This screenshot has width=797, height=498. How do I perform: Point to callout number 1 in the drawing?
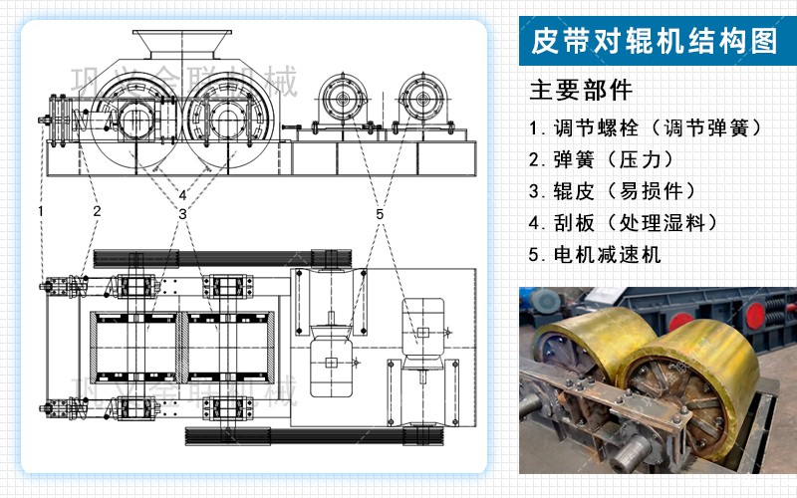click(41, 211)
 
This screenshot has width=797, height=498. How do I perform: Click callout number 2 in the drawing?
click(97, 211)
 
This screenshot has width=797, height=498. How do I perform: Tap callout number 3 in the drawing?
click(183, 214)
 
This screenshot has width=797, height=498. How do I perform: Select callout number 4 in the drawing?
click(182, 194)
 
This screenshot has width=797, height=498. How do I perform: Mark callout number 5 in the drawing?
click(380, 214)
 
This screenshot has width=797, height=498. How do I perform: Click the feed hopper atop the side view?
click(180, 42)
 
